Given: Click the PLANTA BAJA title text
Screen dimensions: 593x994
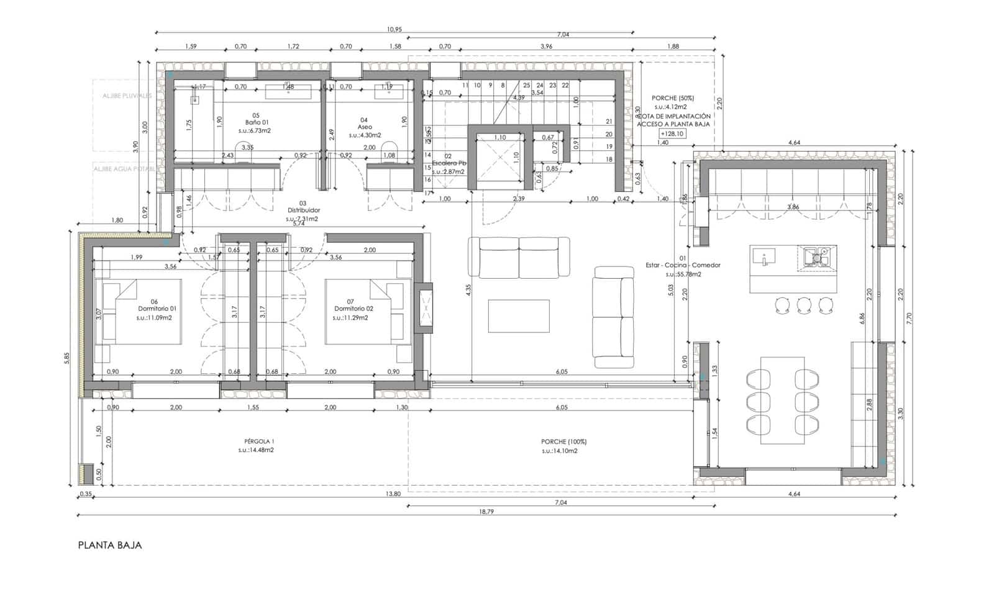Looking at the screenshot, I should point(110,546).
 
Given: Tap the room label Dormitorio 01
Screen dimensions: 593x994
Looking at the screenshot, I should point(157,309).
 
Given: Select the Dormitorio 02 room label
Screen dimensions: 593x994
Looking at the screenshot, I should point(353,309).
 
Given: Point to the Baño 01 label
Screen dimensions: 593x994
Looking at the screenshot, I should point(255,123).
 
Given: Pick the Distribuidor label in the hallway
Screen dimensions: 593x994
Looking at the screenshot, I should point(303,210).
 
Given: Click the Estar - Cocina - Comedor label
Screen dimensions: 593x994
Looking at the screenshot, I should point(683,265).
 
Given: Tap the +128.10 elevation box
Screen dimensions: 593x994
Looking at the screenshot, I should point(673,134).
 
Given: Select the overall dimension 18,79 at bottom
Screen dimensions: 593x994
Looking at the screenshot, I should point(488,511).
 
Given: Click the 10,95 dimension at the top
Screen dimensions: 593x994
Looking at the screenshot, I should point(394,29).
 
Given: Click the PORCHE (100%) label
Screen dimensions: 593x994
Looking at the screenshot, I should point(563,442).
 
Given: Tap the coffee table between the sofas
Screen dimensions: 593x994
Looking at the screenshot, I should point(519,316).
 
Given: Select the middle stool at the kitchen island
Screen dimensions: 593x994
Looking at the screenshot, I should point(804,304).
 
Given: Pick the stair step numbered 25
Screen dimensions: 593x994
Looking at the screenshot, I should point(526,85).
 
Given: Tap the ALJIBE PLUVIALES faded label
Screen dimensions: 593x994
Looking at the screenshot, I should point(127,96).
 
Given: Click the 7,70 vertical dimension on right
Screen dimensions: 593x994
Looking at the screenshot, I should point(909,318).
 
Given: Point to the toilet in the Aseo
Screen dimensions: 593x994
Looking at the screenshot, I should point(390,154).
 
